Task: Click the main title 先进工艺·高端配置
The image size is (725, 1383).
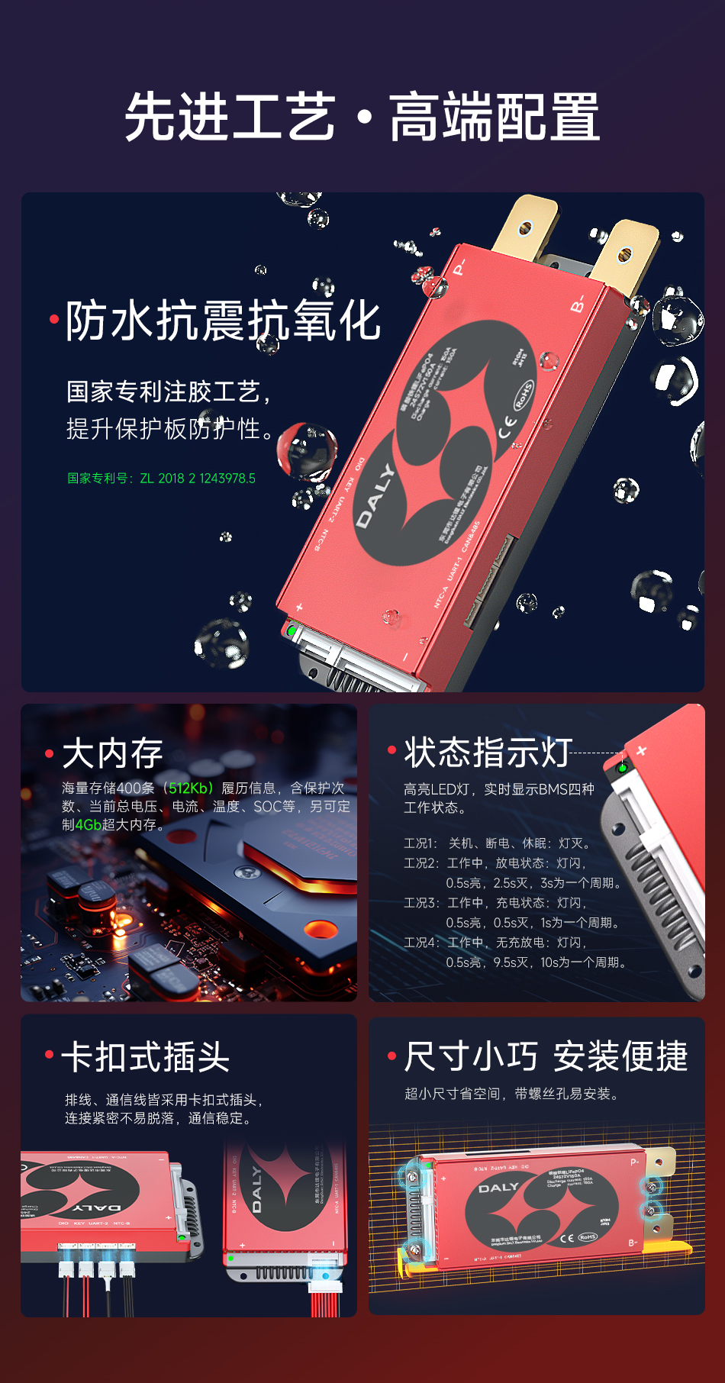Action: point(362,117)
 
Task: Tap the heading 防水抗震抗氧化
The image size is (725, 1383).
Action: point(223,321)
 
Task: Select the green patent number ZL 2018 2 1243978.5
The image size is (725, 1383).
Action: point(198,479)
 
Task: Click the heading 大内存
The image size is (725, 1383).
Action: point(112,754)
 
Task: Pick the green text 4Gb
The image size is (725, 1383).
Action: point(89,825)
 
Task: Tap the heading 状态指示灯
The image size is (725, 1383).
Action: point(488,753)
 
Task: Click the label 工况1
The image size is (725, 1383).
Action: point(420,843)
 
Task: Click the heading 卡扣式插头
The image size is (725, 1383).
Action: point(145,1058)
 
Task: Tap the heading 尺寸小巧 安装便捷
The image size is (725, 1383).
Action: point(546,1057)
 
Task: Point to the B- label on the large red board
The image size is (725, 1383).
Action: point(578,304)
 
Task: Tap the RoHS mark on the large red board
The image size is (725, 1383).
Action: point(524,395)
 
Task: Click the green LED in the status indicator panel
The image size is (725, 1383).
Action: point(622,767)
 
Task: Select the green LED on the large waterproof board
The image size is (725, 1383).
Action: point(292,631)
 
